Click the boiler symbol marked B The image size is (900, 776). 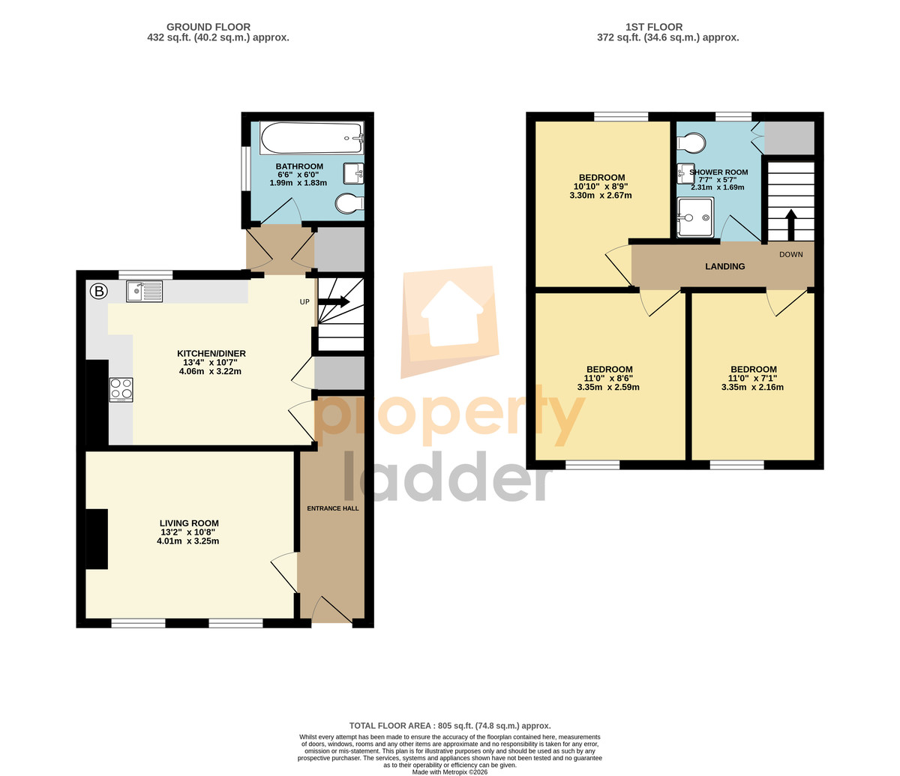click(x=99, y=291)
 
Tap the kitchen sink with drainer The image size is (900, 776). click(x=144, y=291)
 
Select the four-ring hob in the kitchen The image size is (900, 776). click(x=121, y=390)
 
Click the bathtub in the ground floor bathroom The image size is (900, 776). click(x=311, y=138)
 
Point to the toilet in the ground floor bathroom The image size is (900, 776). click(x=349, y=203)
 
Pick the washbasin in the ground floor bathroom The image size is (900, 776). click(x=353, y=174)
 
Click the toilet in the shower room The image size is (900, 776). click(x=691, y=142)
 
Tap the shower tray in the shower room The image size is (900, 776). click(x=695, y=217)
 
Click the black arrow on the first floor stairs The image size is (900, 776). click(x=790, y=225)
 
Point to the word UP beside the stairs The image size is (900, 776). click(x=304, y=301)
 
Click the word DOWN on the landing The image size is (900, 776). click(x=790, y=255)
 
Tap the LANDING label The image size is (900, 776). click(x=725, y=266)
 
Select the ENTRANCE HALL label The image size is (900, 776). click(x=333, y=508)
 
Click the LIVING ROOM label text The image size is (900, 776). click(x=189, y=523)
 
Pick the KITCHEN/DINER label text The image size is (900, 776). click(x=211, y=353)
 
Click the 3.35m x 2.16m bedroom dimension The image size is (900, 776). click(x=752, y=388)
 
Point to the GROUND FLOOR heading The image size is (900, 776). click(x=208, y=27)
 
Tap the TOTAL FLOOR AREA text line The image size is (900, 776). click(x=450, y=726)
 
